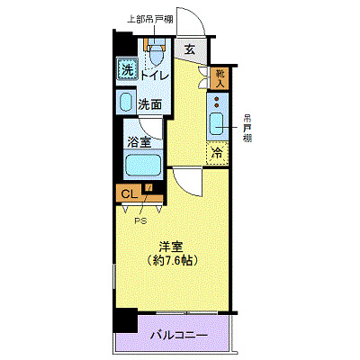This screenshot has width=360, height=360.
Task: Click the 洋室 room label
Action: click(x=173, y=245)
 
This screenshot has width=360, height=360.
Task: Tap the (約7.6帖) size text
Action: click(x=173, y=260)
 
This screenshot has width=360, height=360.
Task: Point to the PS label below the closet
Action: click(x=139, y=219)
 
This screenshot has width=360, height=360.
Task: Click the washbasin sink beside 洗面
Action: click(x=126, y=103)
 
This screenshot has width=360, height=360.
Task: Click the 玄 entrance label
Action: click(x=190, y=50)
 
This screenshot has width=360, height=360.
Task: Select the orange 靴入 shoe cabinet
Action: click(x=220, y=79)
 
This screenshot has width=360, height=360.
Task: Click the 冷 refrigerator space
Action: click(x=217, y=153)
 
